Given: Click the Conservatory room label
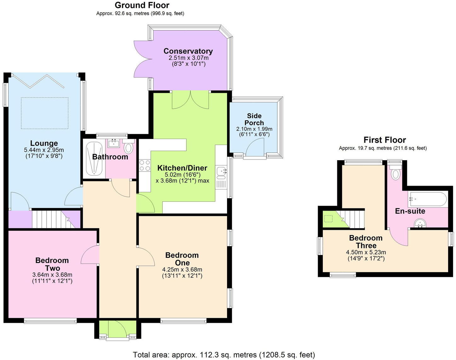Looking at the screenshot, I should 188,51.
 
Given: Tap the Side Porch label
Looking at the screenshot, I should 254,119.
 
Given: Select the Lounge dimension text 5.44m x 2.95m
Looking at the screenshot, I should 44,150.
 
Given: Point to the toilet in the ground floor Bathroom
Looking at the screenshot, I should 128,148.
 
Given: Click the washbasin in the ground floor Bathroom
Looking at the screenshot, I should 114,143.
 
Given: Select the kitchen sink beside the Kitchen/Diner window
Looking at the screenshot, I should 221,171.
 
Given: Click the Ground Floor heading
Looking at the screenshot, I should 142,5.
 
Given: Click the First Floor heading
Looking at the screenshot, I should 385,140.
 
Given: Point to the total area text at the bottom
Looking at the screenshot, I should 224,355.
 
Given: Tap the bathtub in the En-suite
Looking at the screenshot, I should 427,199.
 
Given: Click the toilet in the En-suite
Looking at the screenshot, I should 395,173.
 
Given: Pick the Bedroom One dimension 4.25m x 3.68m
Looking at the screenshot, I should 182,270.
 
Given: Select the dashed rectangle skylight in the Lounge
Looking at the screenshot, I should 45,113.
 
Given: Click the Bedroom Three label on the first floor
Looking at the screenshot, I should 366,242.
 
